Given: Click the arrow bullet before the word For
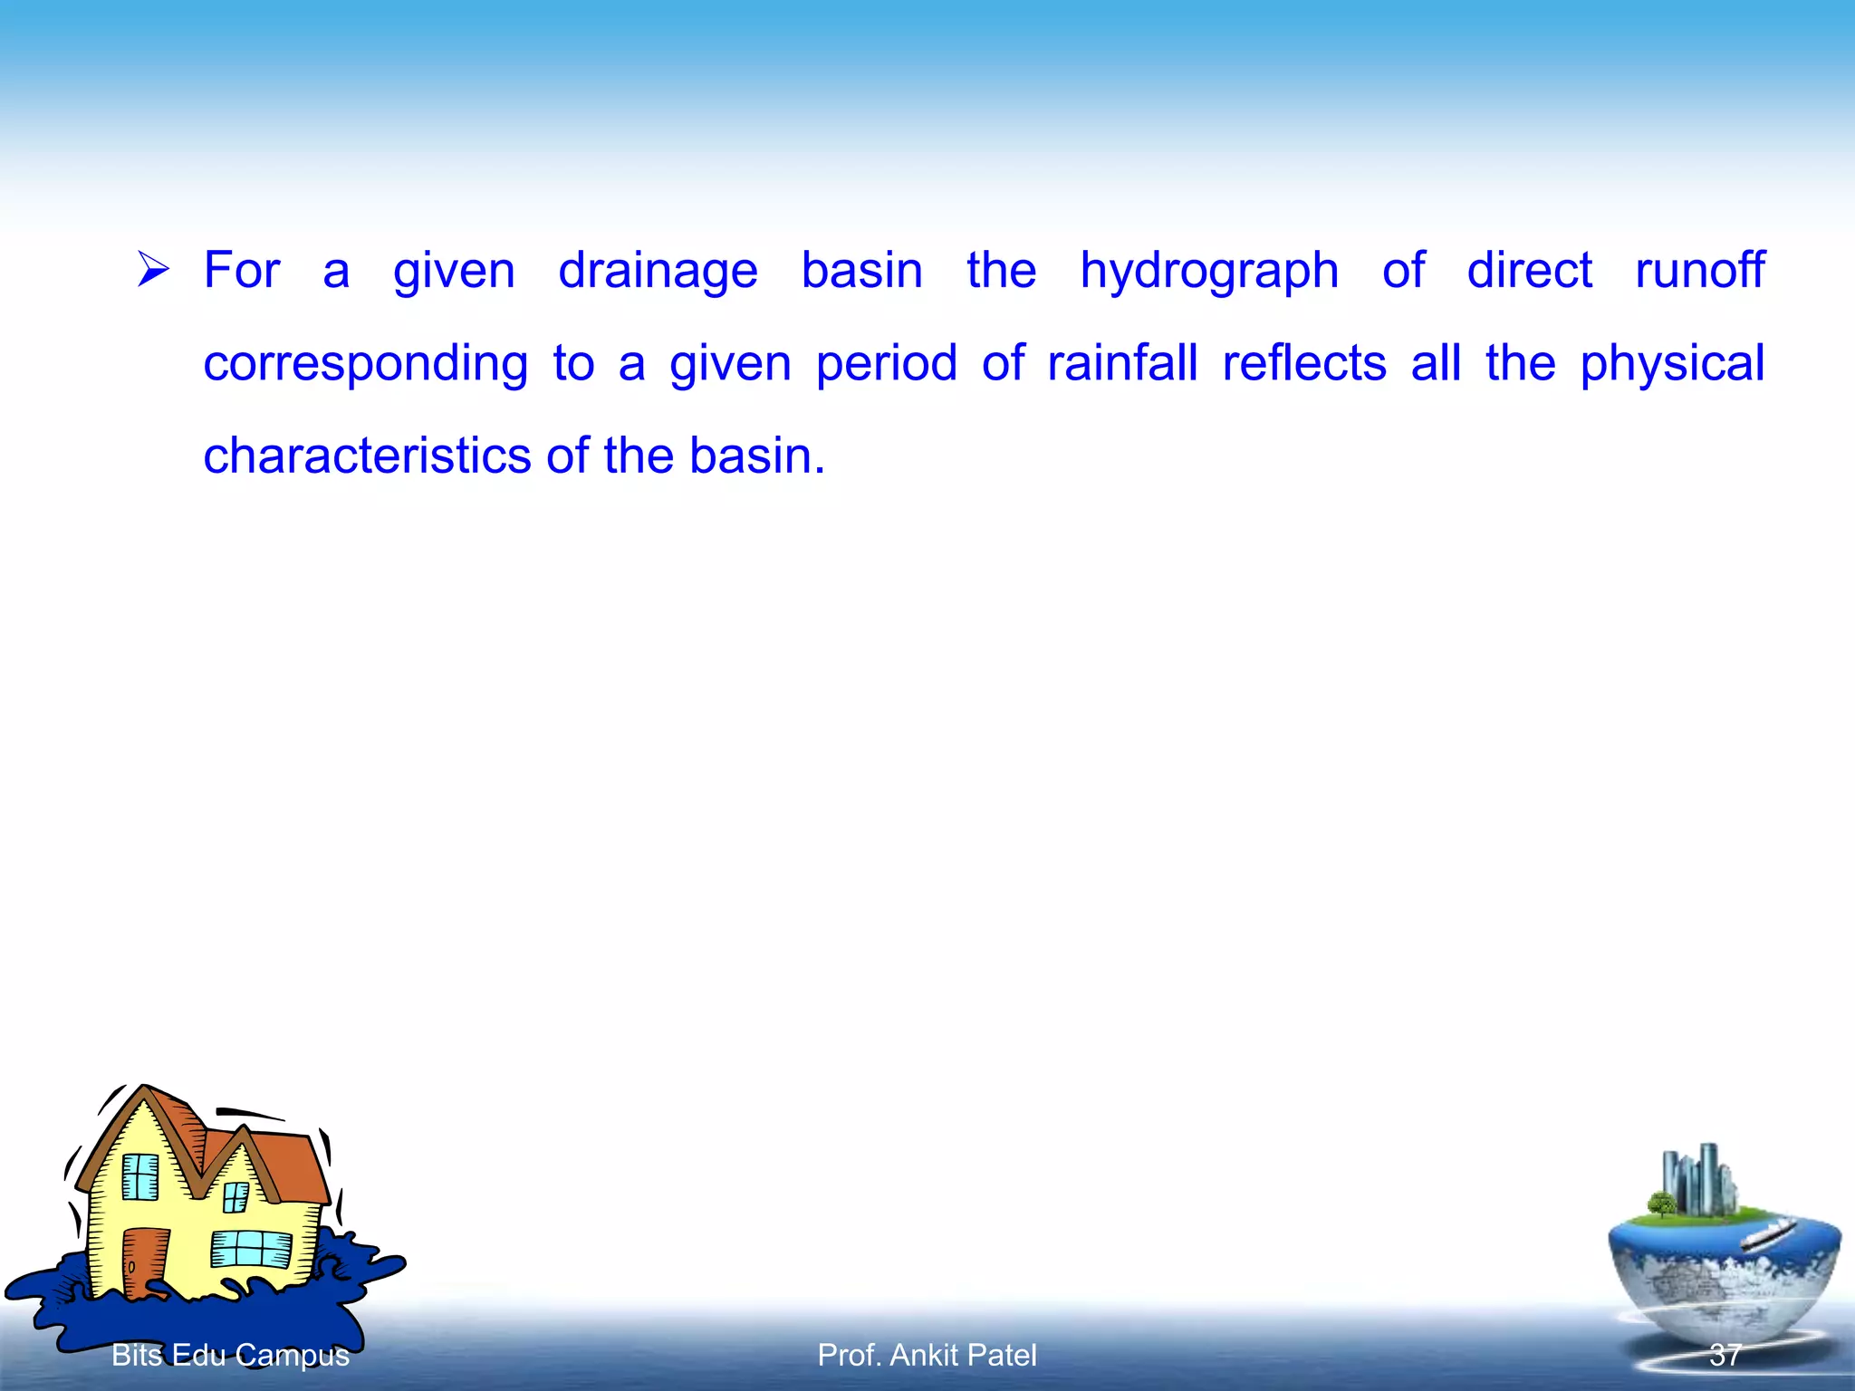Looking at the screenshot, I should pyautogui.click(x=153, y=269).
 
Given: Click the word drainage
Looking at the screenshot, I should pyautogui.click(x=658, y=271).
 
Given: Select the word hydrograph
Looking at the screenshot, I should pyautogui.click(x=1208, y=271).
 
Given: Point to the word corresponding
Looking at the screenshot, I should pyautogui.click(x=365, y=364).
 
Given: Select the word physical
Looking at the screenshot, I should pyautogui.click(x=1672, y=364).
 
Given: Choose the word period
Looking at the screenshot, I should pyautogui.click(x=886, y=364).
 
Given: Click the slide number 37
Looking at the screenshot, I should pyautogui.click(x=1725, y=1355).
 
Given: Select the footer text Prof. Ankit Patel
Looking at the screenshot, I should pyautogui.click(x=927, y=1355).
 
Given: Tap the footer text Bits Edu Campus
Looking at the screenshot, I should pyautogui.click(x=230, y=1355).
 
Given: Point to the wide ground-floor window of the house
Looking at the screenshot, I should pyautogui.click(x=251, y=1249).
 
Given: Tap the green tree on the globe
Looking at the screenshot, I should pyautogui.click(x=1661, y=1204).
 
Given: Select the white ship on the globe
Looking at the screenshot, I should pyautogui.click(x=1767, y=1233).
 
